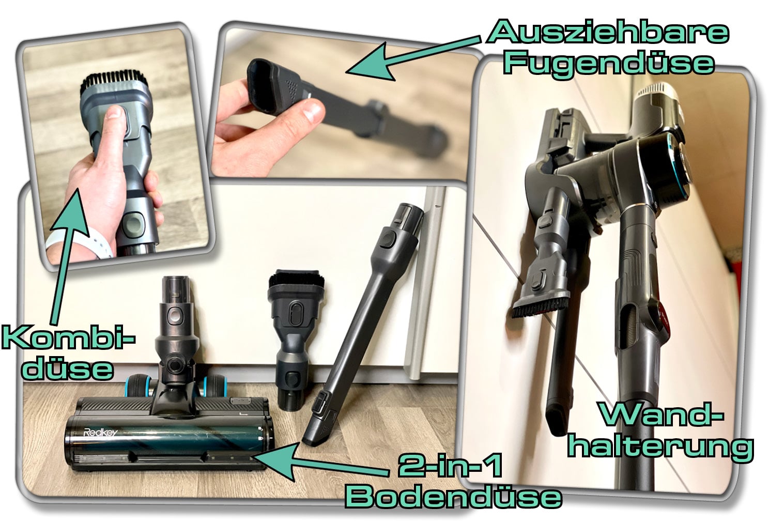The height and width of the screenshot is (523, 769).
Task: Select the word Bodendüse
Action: click(x=454, y=496)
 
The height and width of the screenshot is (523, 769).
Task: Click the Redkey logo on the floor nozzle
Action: click(x=101, y=432)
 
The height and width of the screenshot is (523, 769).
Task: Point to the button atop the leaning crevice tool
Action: click(x=389, y=239)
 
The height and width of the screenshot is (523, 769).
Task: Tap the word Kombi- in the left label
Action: click(x=68, y=338)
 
